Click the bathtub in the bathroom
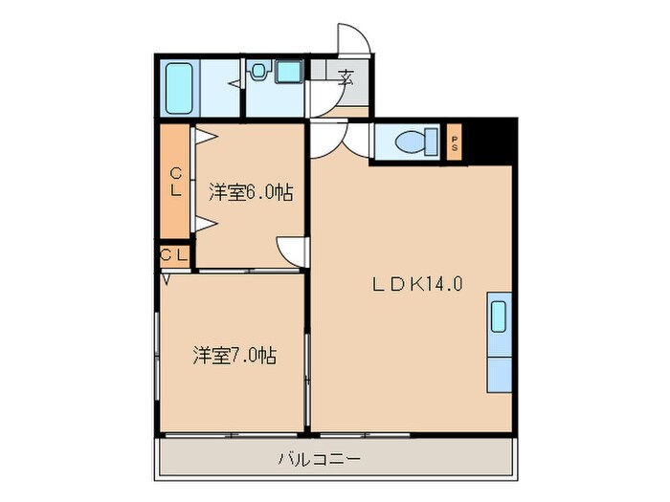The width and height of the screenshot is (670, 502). (179, 87)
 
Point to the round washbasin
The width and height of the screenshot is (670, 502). (259, 70)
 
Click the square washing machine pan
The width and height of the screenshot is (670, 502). (288, 72)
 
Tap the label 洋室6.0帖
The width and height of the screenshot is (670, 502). (251, 192)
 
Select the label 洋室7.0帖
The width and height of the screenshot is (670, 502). (234, 356)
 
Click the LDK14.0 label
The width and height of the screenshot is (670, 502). (418, 284)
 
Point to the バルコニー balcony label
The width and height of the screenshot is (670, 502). (319, 459)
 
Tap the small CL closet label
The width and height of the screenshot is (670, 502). (173, 255)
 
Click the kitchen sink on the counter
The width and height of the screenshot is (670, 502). (500, 316)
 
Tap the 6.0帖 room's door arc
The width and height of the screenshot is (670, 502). (290, 251)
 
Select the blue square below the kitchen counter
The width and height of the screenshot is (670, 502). (500, 374)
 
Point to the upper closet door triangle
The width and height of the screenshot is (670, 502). (203, 137)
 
